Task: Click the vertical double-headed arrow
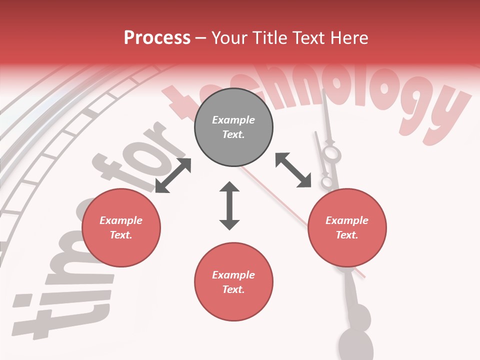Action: pos(229,205)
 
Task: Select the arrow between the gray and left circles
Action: pos(173,175)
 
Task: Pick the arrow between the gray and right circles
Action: pos(293,170)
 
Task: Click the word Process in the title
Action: pos(157,37)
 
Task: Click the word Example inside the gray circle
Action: pos(233,120)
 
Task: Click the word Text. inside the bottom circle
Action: pos(233,289)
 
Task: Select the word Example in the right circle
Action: pos(347,220)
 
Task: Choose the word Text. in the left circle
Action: pos(121,235)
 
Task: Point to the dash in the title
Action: pos(201,38)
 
